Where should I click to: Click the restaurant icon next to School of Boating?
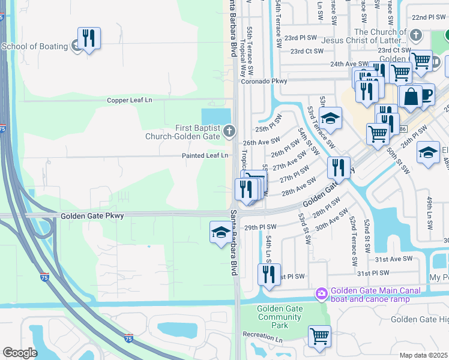coord(89,39)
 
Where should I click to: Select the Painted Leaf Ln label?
coord(205,155)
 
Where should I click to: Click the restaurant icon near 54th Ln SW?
coord(269,275)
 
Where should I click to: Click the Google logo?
coord(19,353)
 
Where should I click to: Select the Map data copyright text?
coord(424,355)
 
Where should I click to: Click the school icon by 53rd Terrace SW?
coord(330,118)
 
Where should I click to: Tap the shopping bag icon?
coord(410,97)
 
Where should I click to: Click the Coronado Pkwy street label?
coord(265,81)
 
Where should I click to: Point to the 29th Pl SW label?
coord(260,227)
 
